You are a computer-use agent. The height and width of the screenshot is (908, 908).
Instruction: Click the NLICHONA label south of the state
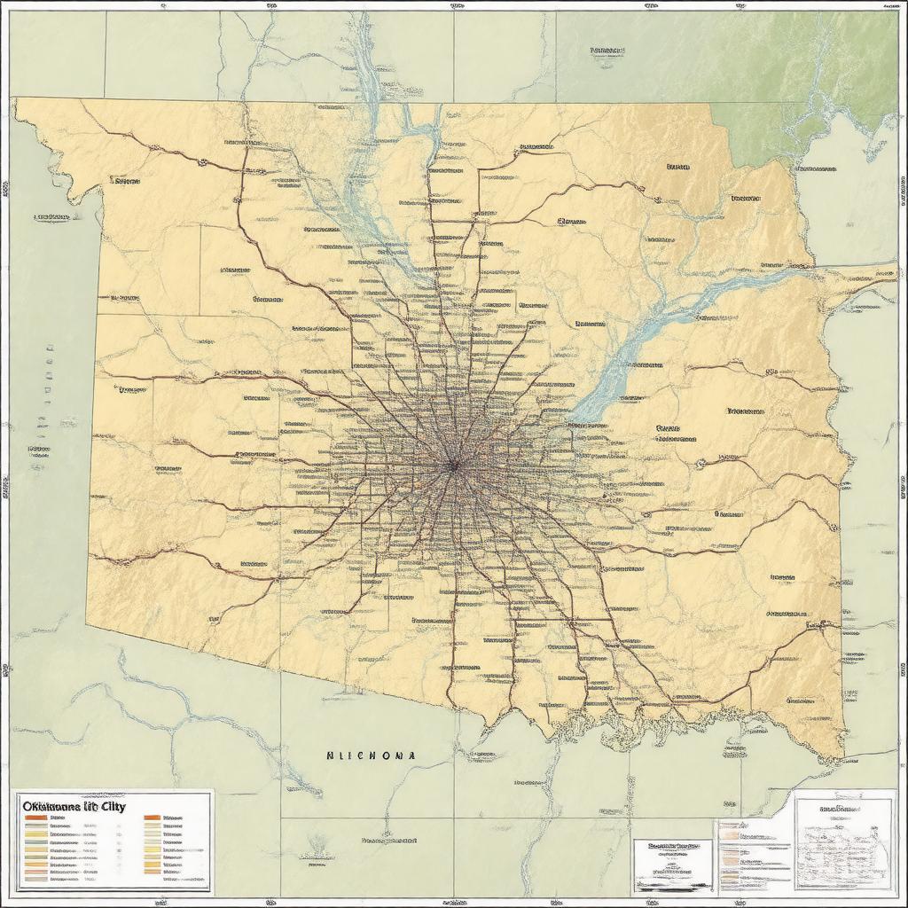[x=371, y=755]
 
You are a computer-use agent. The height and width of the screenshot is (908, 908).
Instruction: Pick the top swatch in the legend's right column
[x=152, y=818]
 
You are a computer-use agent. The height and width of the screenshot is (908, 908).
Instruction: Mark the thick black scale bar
[x=674, y=884]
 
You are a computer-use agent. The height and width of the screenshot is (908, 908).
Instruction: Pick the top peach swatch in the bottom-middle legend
[x=729, y=826]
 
